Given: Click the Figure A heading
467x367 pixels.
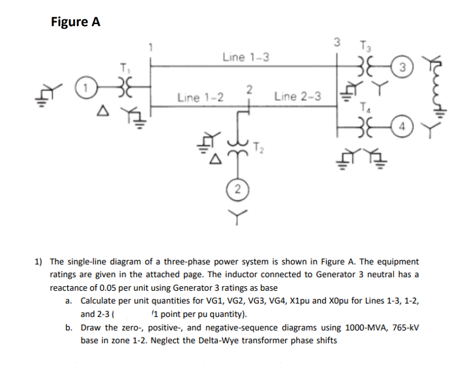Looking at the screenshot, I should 76,22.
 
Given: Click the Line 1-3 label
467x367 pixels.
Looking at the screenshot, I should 245,57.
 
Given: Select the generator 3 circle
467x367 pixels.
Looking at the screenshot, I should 402,67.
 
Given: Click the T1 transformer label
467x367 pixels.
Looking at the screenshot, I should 123,67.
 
